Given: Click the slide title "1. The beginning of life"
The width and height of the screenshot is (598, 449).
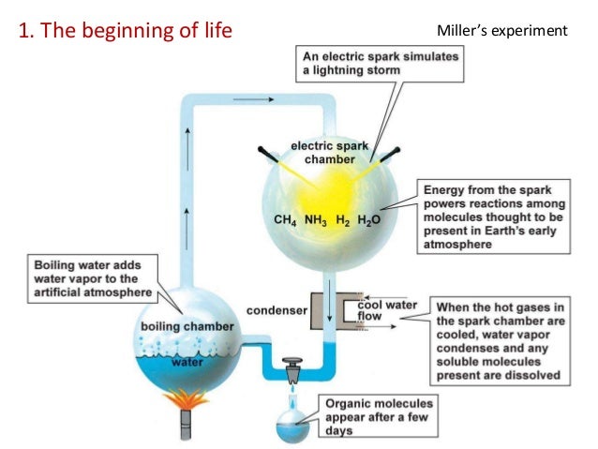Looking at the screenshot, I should tap(125, 31).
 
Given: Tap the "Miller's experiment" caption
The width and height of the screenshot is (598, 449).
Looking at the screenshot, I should tap(501, 31).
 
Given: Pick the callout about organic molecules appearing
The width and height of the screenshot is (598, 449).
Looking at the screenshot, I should tap(375, 413).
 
